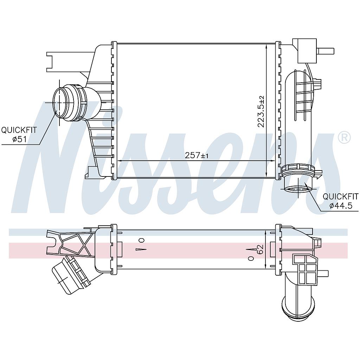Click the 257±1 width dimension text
(197, 155)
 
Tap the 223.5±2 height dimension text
(261, 111)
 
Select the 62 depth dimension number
(260, 249)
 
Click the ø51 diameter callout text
(20, 139)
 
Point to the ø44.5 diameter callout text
(341, 206)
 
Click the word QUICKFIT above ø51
(19, 130)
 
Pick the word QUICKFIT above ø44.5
(341, 197)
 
